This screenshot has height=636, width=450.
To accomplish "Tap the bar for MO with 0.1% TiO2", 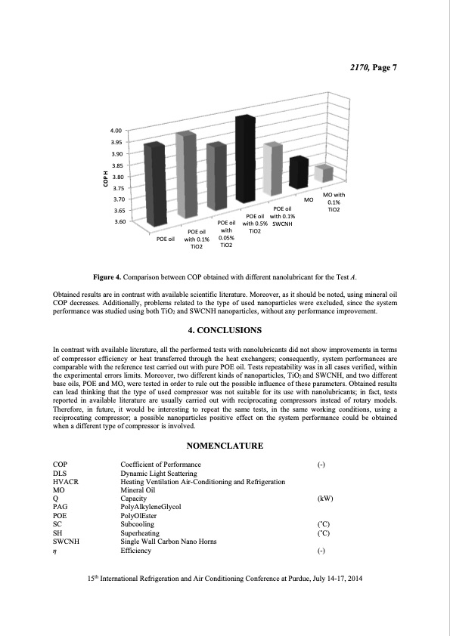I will tap(323, 173).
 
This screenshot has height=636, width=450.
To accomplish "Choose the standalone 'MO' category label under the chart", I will tap(309, 200).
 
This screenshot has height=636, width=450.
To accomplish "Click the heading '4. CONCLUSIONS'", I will tap(225, 330).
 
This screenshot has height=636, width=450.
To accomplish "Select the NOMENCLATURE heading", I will tap(225, 446).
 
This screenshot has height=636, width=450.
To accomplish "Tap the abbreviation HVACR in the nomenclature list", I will tap(67, 482).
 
